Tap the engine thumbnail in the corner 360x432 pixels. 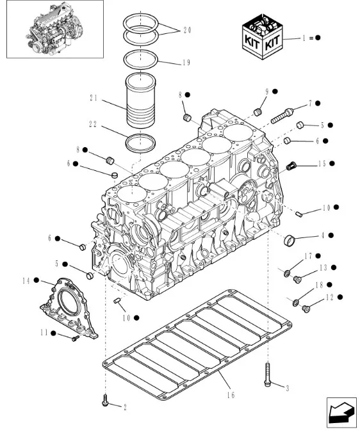53,29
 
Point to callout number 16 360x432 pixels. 230,395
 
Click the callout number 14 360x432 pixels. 26,280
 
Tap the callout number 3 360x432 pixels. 287,387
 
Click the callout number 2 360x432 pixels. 124,406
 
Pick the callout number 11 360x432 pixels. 44,332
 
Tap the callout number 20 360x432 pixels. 186,30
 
